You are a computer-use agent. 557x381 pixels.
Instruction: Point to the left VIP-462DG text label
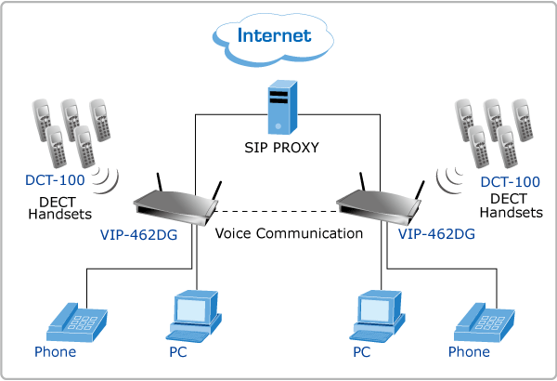point(139,234)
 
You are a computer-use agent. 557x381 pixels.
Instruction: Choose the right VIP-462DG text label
point(436,234)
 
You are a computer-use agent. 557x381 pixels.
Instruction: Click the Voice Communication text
point(289,233)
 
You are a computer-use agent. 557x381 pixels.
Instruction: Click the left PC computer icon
point(192,315)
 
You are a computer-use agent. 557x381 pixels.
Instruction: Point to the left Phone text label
point(55,352)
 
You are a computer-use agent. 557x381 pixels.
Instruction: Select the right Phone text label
point(469,352)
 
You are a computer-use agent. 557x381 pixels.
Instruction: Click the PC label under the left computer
point(178,352)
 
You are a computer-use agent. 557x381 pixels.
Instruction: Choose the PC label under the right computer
point(362,352)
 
